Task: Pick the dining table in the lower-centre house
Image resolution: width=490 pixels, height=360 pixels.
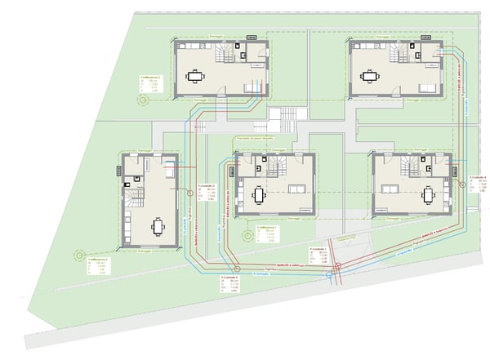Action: click(x=259, y=196)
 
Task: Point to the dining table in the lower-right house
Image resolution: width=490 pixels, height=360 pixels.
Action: click(x=428, y=196)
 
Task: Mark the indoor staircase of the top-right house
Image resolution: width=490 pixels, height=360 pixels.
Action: click(x=402, y=54)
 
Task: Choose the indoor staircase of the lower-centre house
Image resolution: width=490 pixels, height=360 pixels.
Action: click(x=274, y=170)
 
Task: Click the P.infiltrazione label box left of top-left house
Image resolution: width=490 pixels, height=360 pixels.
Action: click(x=150, y=83)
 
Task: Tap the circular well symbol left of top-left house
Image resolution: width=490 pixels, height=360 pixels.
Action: click(x=142, y=100)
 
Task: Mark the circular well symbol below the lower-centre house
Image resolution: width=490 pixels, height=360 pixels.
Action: click(x=246, y=238)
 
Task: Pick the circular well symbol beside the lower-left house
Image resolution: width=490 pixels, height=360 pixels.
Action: click(x=79, y=255)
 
